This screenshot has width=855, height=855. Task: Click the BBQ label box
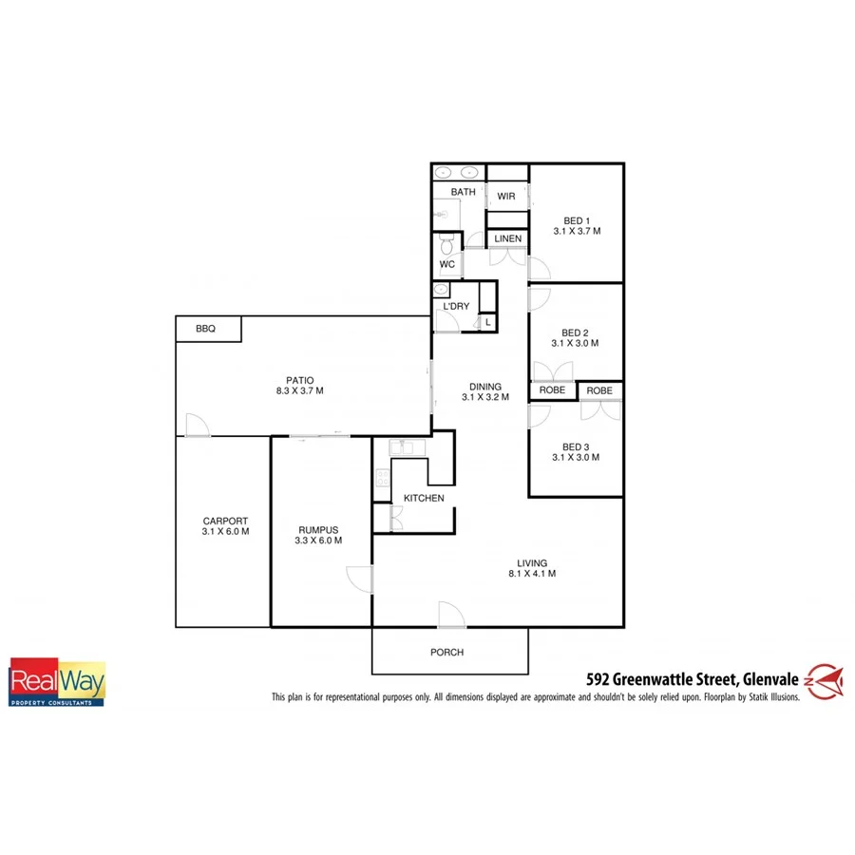206,329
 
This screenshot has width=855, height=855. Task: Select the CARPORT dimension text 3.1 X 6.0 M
225,532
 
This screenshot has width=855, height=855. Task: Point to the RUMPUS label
319,530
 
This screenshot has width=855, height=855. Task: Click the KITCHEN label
424,498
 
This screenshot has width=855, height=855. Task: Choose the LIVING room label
532,562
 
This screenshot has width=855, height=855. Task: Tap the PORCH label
446,653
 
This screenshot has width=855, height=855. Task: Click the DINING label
485,387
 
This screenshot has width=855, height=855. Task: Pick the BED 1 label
577,221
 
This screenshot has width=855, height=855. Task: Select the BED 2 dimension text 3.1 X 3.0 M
577,344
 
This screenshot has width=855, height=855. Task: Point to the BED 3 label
577,446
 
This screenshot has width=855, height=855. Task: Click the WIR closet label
505,197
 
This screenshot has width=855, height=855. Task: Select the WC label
447,264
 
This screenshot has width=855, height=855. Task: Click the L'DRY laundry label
457,306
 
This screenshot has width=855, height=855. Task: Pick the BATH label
464,192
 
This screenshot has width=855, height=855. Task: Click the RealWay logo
57,682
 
